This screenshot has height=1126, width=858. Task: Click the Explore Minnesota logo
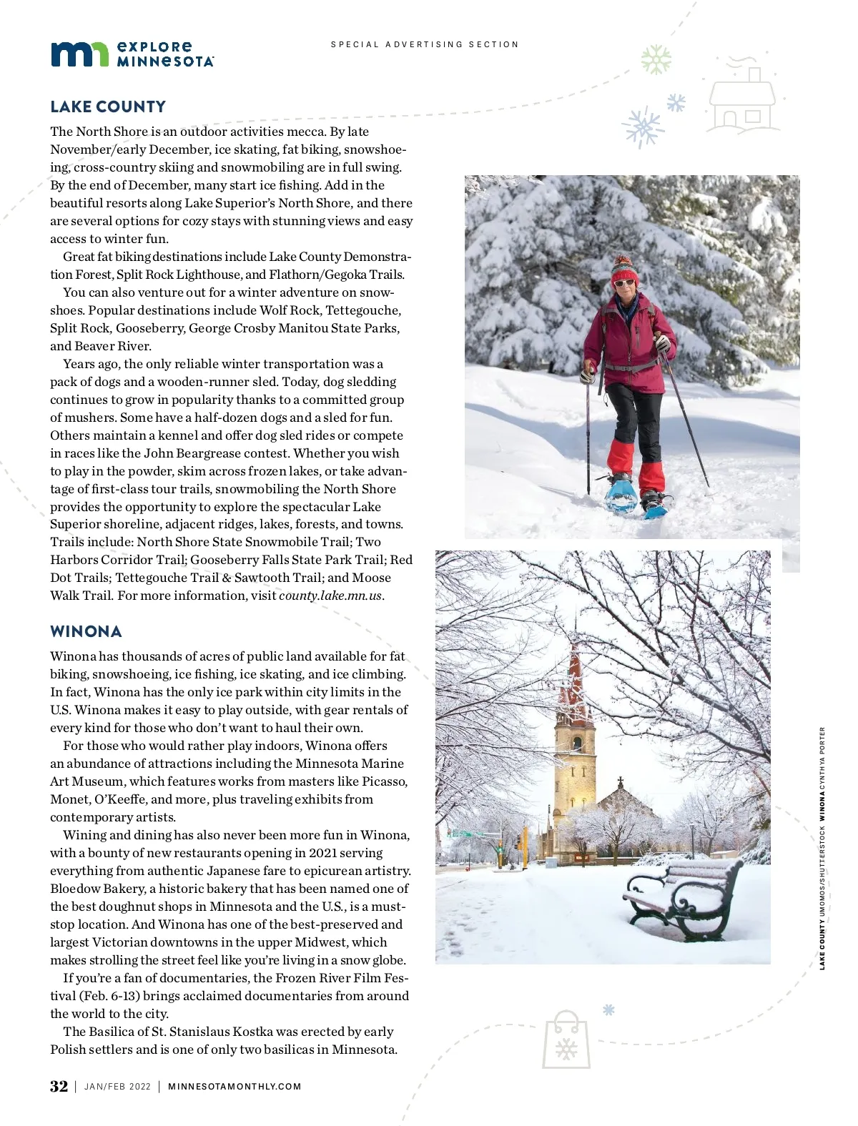tap(132, 54)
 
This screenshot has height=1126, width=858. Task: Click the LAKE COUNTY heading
tap(108, 107)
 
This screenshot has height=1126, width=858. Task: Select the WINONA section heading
tap(86, 631)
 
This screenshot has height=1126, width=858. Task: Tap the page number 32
tap(59, 1086)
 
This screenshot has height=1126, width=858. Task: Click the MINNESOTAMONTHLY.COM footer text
tap(235, 1087)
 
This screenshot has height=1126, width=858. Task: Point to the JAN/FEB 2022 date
tap(117, 1087)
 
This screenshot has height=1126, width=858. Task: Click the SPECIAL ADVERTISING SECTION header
tap(425, 44)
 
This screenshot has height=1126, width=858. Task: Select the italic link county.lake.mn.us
tap(330, 596)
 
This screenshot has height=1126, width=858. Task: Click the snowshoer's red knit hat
tap(624, 270)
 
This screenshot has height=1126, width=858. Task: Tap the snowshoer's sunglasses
tap(623, 283)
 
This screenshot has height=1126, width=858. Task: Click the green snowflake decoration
tap(656, 59)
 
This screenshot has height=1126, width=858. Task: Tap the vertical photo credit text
tap(822, 848)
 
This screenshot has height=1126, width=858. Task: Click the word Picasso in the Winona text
tap(385, 781)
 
